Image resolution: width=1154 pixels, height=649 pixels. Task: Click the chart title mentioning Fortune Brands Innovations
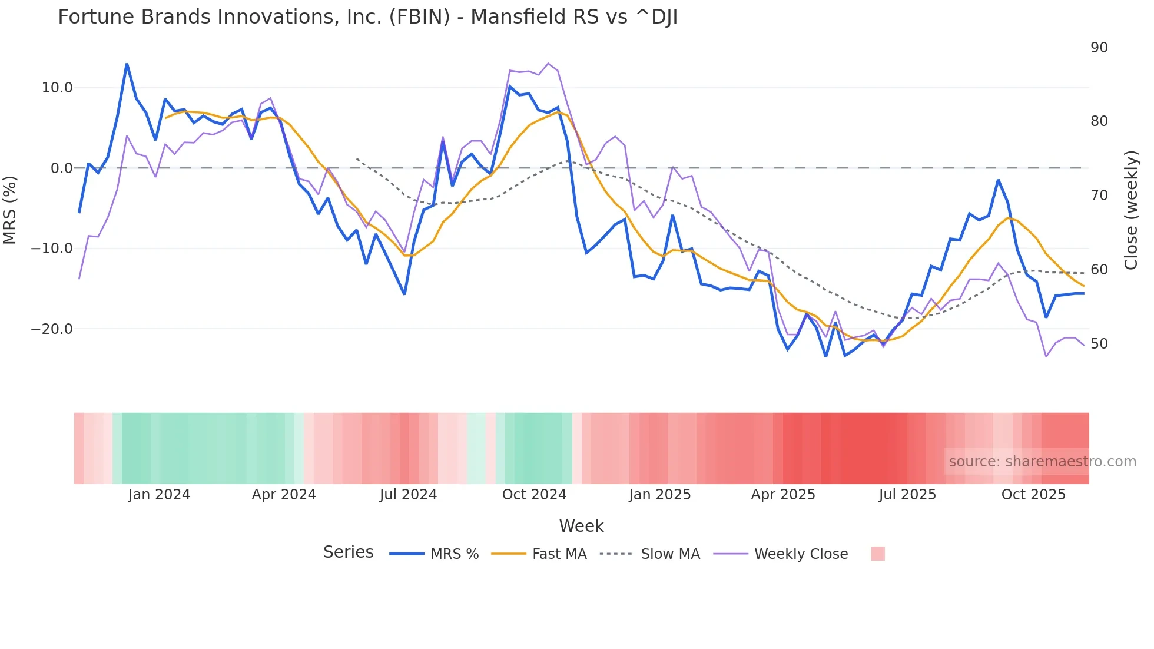(367, 17)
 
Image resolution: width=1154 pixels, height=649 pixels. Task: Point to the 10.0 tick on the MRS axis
(57, 88)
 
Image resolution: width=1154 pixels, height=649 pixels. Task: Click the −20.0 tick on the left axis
(52, 329)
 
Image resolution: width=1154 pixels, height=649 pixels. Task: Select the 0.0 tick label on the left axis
(62, 168)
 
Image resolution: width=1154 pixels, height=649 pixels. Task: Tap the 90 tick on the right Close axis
(1099, 48)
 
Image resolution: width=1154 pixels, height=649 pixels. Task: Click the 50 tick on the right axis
(1099, 344)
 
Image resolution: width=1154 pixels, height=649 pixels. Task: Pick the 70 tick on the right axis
(1099, 196)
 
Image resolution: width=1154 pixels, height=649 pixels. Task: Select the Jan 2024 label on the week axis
(159, 495)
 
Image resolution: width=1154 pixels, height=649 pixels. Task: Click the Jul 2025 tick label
(907, 495)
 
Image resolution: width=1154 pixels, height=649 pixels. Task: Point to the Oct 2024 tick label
(534, 495)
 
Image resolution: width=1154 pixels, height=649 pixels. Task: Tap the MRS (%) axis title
(10, 210)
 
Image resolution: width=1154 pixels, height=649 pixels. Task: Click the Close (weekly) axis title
(1131, 210)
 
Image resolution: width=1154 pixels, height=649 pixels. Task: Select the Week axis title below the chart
(581, 526)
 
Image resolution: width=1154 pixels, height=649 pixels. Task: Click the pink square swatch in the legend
(877, 554)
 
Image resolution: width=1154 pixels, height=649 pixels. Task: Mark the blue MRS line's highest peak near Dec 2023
(127, 64)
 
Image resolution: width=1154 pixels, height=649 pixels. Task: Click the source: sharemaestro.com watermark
(1042, 462)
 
